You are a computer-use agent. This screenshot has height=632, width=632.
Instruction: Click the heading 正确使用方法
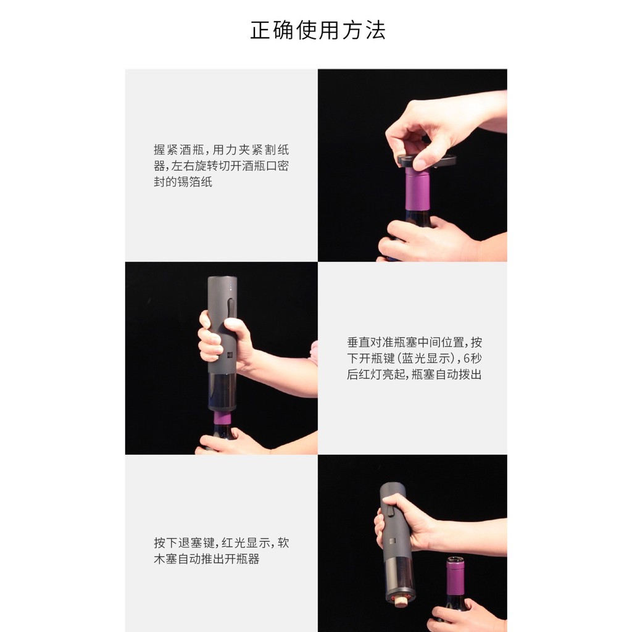pos(318,30)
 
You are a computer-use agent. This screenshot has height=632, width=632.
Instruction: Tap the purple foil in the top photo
pos(417,189)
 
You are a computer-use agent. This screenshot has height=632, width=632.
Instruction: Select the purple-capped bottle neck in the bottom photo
pos(456,576)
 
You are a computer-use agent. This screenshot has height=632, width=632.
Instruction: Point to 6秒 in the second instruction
pos(472,359)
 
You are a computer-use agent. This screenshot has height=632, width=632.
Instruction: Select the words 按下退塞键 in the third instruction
pos(185,543)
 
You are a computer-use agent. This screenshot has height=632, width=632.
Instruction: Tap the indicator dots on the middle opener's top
pos(231,287)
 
